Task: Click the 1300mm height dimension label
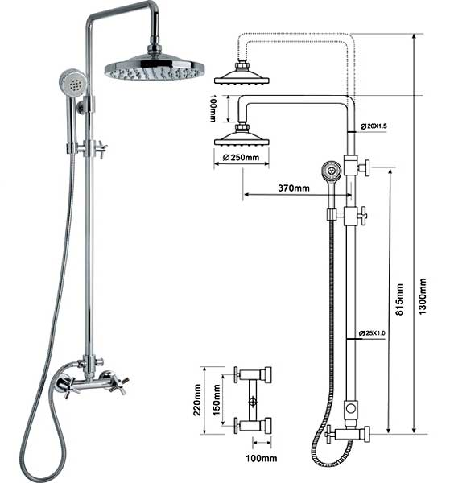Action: (423, 296)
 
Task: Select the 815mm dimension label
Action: (399, 299)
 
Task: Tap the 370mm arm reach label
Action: (294, 188)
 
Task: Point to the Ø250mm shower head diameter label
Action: (242, 158)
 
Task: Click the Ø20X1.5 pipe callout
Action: (374, 126)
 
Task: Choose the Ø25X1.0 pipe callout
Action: (372, 333)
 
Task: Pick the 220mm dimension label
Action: (197, 400)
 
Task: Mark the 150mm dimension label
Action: (217, 399)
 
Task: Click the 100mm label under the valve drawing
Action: (261, 458)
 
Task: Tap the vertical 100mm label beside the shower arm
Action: (213, 109)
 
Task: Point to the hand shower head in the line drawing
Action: (332, 170)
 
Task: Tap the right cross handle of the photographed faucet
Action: (118, 382)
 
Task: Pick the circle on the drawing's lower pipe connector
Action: (351, 409)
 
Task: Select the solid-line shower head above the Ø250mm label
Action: (242, 135)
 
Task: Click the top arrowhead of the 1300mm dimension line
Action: (415, 37)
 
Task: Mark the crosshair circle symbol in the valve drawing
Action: (253, 402)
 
